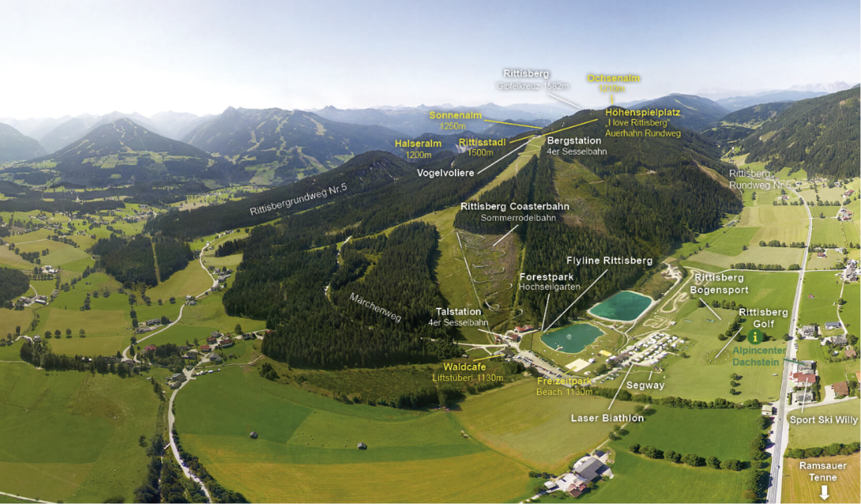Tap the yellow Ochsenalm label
613,78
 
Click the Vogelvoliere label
445,173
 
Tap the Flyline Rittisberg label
609,260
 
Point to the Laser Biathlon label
607,418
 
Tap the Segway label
645,385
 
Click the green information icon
755,337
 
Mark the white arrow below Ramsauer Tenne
824,492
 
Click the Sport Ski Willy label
823,420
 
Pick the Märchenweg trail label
375,307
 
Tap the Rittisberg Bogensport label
719,284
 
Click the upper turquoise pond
620,305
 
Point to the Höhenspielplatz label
642,112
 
